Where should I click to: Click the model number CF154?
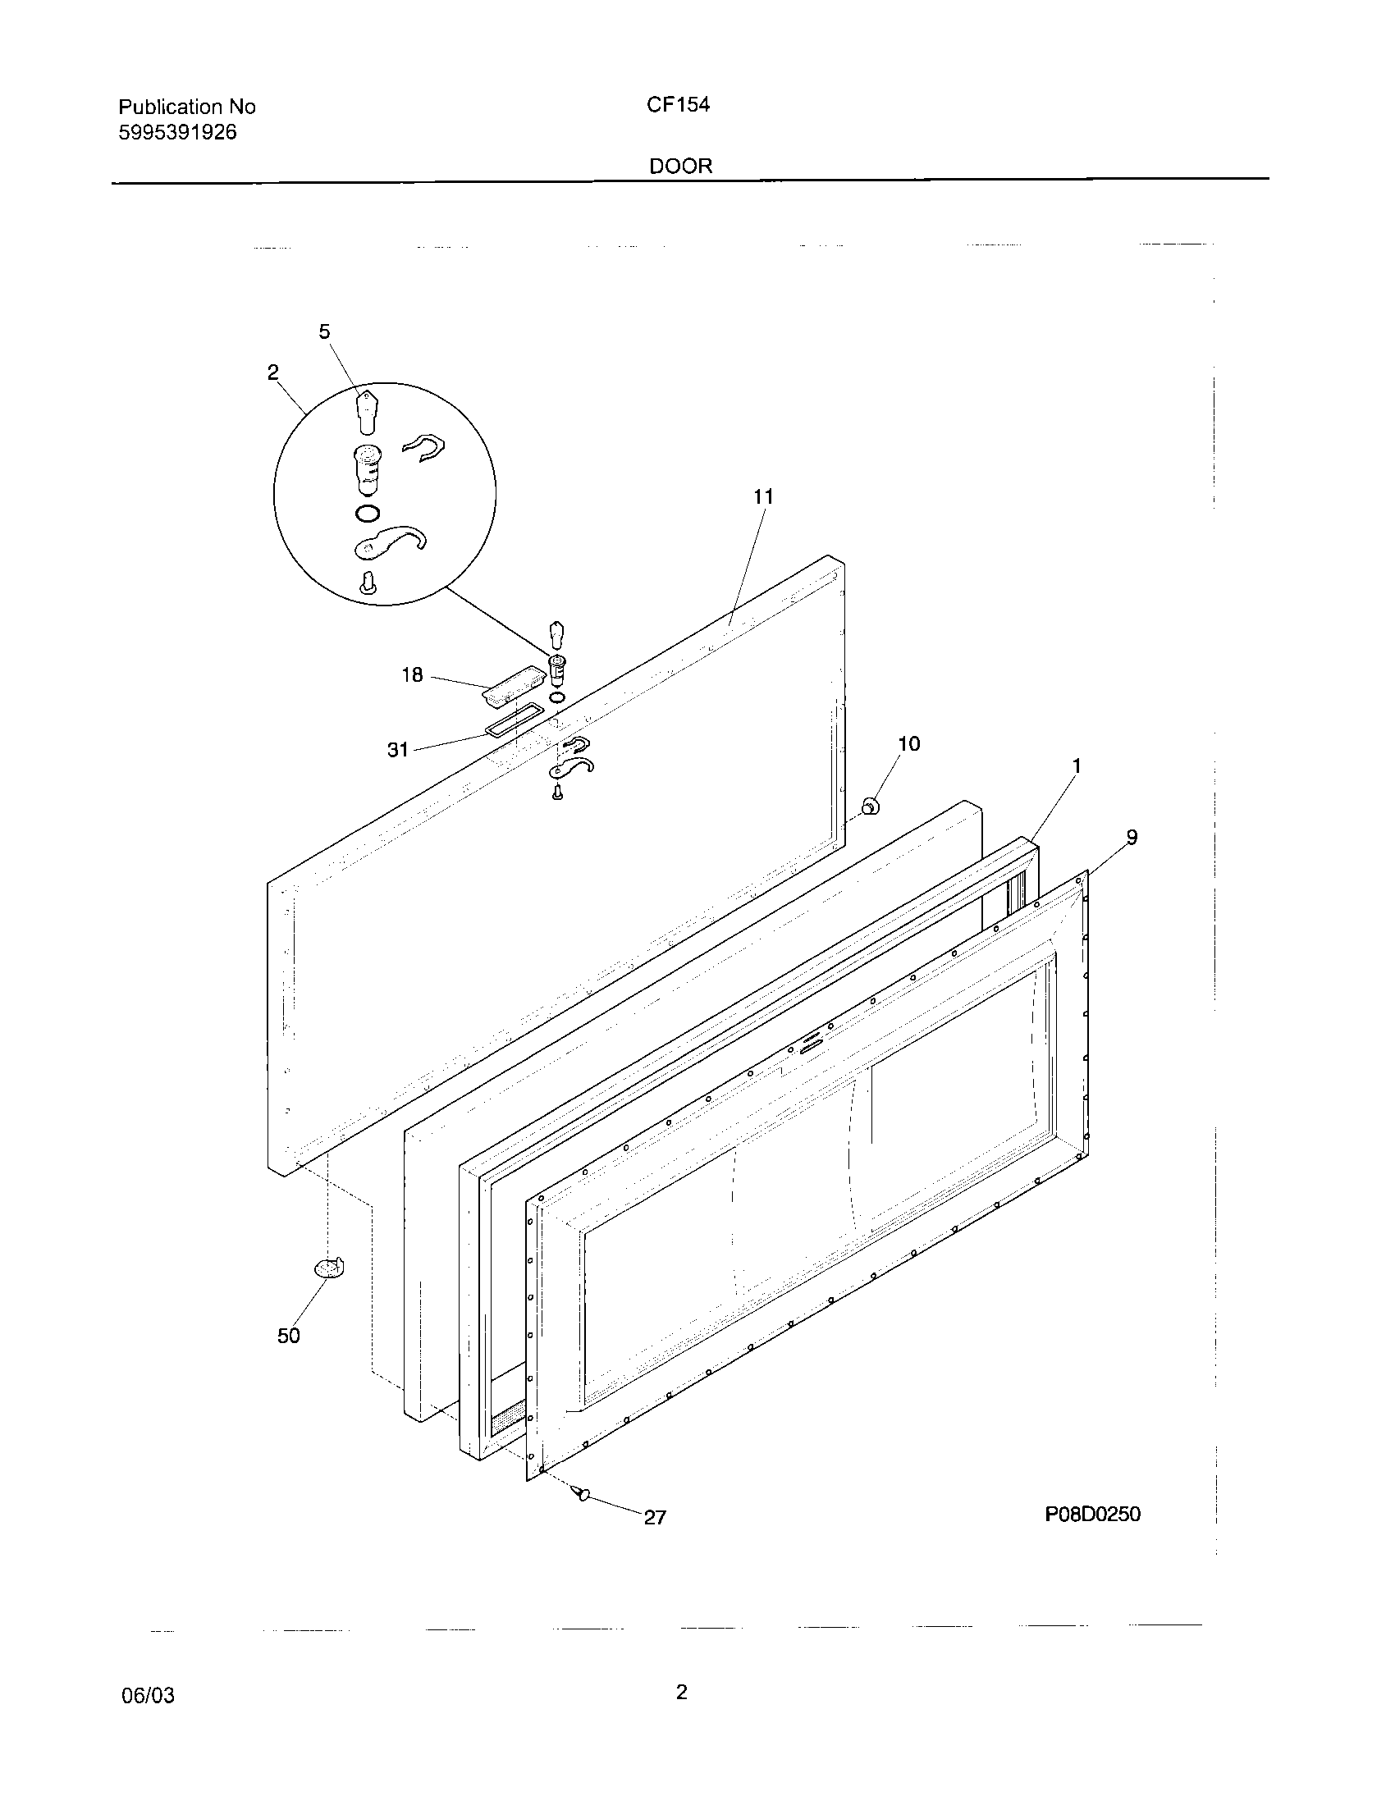tap(678, 105)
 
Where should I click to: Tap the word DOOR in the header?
tap(680, 166)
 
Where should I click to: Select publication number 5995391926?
tap(178, 132)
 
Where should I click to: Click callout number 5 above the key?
tap(324, 331)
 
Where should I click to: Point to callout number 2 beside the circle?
tap(272, 372)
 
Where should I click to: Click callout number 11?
tap(763, 496)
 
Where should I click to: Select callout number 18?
tap(412, 675)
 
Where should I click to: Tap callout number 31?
tap(398, 750)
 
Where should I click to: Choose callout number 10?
tap(908, 744)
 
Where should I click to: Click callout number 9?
tap(1132, 837)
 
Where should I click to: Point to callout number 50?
tap(288, 1336)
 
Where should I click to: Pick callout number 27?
tap(655, 1517)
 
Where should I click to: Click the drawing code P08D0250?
tap(1092, 1514)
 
